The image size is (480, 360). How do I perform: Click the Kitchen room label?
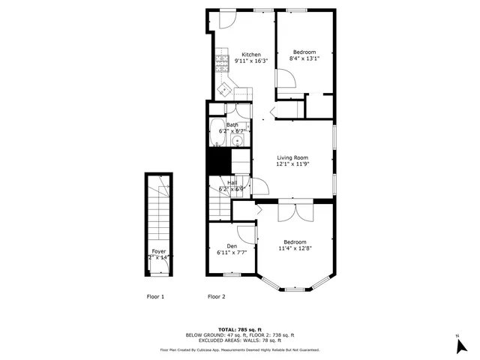[x=251, y=55]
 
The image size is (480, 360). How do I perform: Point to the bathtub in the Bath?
[x=216, y=129]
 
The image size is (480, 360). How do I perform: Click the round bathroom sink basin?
[x=237, y=139]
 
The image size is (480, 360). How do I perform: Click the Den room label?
[x=232, y=246]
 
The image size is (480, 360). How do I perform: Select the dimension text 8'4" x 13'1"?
[x=304, y=60]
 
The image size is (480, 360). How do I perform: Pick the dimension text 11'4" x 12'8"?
[x=294, y=249]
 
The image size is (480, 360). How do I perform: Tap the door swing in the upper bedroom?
[x=284, y=79]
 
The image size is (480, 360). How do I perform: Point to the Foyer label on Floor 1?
[x=159, y=251]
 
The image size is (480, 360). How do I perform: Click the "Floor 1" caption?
[x=155, y=297]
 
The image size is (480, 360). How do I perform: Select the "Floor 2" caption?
[x=216, y=297]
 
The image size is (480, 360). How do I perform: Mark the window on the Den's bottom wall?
[x=232, y=274]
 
